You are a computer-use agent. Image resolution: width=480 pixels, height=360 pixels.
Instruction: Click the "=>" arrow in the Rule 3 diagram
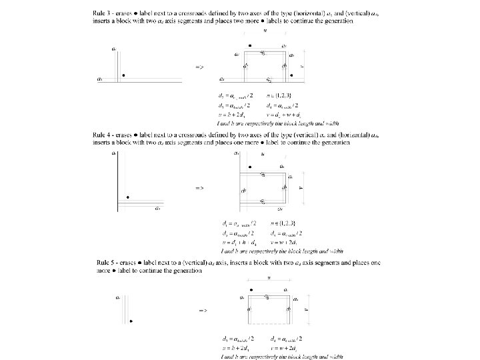coord(199,67)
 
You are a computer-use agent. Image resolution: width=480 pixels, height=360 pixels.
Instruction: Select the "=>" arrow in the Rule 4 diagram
coord(199,189)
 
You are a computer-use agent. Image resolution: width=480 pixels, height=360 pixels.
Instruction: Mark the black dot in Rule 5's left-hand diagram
coord(131,321)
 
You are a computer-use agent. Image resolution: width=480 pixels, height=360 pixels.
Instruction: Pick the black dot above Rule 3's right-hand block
coord(249,45)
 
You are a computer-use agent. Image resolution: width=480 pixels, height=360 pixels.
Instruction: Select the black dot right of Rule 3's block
coord(292,75)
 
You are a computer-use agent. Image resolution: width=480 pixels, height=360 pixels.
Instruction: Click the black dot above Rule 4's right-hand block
coord(249,167)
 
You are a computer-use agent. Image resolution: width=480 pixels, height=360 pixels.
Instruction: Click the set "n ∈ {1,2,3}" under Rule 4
coord(285,223)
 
